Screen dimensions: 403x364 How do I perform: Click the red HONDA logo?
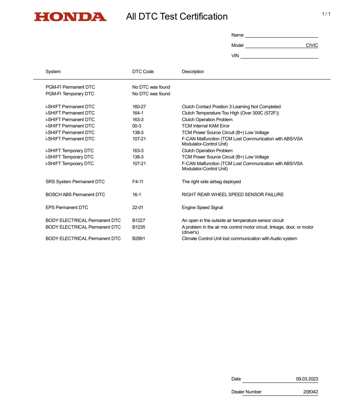[x=70, y=17]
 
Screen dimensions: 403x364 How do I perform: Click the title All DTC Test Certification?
[x=177, y=17]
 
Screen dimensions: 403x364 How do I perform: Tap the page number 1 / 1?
[x=326, y=14]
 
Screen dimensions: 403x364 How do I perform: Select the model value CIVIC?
[x=312, y=45]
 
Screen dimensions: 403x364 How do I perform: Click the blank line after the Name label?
[x=281, y=36]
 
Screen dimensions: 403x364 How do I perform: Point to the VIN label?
[x=235, y=56]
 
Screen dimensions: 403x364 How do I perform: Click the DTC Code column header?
[x=143, y=72]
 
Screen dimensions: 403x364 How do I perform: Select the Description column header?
[x=193, y=72]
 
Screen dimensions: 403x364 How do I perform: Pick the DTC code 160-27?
[x=139, y=107]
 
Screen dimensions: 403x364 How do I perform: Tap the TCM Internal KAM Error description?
[x=206, y=126]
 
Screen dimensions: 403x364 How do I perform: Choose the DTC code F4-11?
[x=138, y=182]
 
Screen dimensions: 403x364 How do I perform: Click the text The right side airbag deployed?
[x=211, y=182]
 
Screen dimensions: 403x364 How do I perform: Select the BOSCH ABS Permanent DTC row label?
[x=75, y=195]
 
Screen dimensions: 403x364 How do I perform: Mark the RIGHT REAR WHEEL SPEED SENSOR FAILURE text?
[x=233, y=195]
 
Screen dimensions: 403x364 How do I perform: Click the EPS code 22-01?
[x=138, y=208]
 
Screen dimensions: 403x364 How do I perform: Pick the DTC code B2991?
[x=139, y=239]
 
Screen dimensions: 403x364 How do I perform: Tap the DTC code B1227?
[x=139, y=221]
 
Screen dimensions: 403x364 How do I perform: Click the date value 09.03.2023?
[x=307, y=379]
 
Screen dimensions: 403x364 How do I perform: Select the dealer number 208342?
[x=310, y=392]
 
